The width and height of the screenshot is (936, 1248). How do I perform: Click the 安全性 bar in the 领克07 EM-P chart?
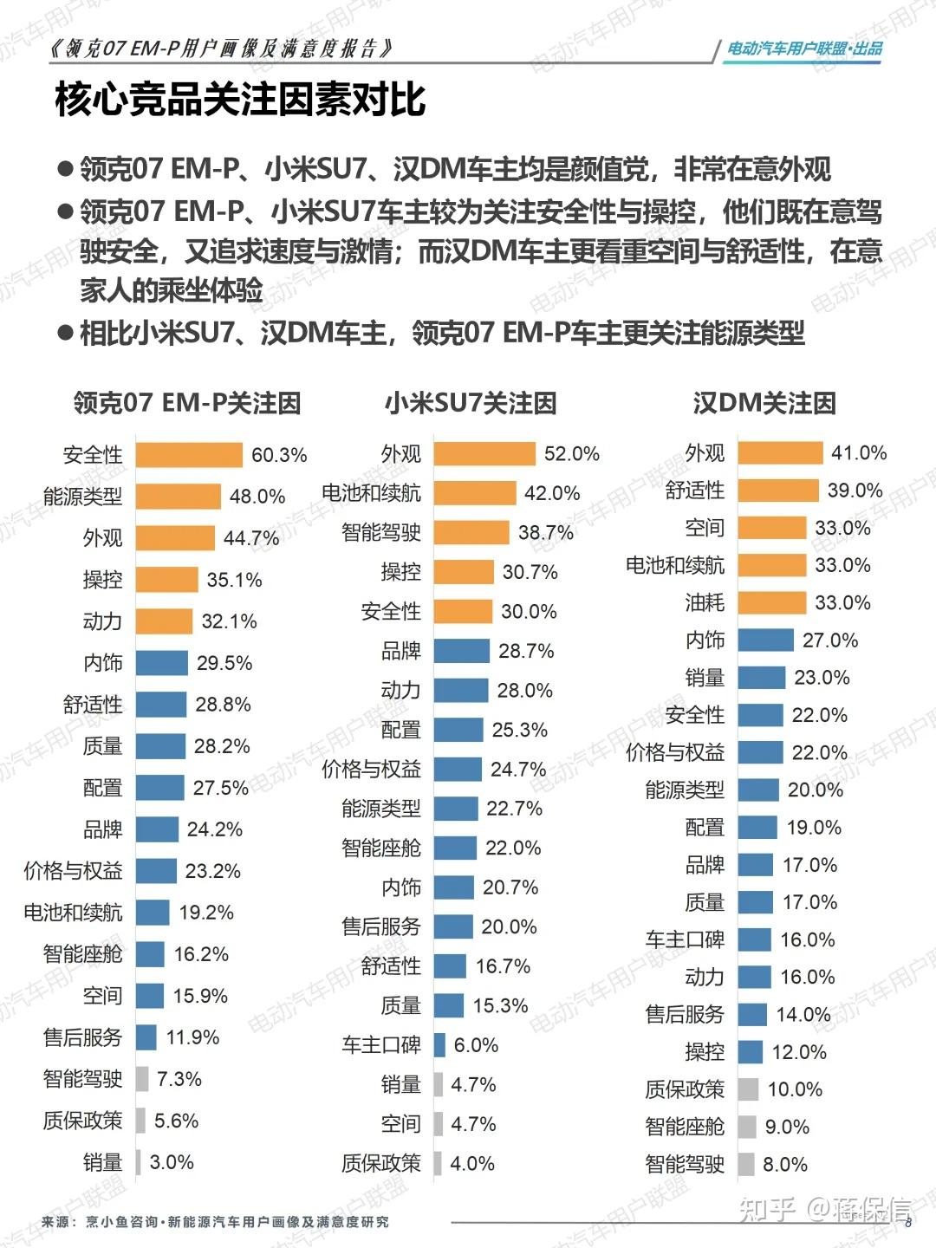click(x=189, y=455)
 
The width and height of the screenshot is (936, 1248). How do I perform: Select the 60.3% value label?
click(x=279, y=455)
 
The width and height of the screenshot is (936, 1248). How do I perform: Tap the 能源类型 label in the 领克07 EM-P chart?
click(x=83, y=497)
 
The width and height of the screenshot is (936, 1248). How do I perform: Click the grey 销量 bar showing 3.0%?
click(x=139, y=1162)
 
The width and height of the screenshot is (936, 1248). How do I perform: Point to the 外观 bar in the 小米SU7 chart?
click(x=484, y=453)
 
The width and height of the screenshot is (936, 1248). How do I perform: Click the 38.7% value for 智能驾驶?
click(x=546, y=532)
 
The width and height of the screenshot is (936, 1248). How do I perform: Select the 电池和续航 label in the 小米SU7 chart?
click(x=371, y=493)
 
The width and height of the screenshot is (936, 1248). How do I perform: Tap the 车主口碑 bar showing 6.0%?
click(x=439, y=1045)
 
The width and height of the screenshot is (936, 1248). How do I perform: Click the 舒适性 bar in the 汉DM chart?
click(x=777, y=491)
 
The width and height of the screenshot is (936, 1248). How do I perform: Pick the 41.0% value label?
click(x=859, y=452)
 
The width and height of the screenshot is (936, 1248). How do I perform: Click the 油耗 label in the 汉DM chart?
click(x=705, y=602)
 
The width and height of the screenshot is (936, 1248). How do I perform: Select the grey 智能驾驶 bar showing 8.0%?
click(x=745, y=1164)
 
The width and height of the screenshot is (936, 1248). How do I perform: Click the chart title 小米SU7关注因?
click(x=471, y=403)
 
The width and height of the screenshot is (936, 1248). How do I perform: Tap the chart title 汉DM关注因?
click(x=764, y=403)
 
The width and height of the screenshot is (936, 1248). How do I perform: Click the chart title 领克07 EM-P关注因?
click(x=187, y=403)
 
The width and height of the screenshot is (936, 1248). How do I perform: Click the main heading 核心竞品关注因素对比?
click(x=240, y=99)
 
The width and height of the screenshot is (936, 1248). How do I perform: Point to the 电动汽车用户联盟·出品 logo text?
click(x=804, y=49)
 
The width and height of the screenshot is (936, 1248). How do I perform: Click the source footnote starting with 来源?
click(x=215, y=1222)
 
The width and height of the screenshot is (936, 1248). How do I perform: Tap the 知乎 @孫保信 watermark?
click(x=824, y=1209)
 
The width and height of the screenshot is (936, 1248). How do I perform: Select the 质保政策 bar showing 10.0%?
click(x=748, y=1089)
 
